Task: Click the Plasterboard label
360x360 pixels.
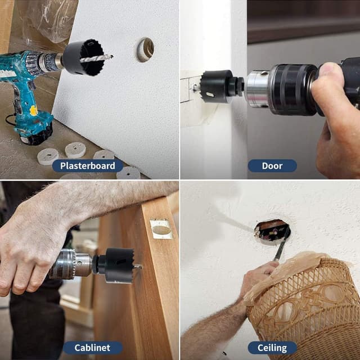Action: point(88,166)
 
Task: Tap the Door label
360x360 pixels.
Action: point(272,166)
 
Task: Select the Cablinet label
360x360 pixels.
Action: point(92,348)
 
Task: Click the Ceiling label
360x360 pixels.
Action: point(272,348)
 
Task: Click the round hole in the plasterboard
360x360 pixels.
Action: point(145,50)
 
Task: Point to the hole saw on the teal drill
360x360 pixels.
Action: point(84,57)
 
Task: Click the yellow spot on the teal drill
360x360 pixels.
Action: point(34,110)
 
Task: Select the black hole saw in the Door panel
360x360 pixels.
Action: point(217,87)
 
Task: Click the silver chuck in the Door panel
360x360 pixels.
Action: point(257,89)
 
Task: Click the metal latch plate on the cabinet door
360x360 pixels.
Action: point(161,229)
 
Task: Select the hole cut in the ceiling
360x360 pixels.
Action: point(272,230)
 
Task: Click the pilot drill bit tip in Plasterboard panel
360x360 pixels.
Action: point(112,56)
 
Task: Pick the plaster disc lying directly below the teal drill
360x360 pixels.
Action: point(48,156)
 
